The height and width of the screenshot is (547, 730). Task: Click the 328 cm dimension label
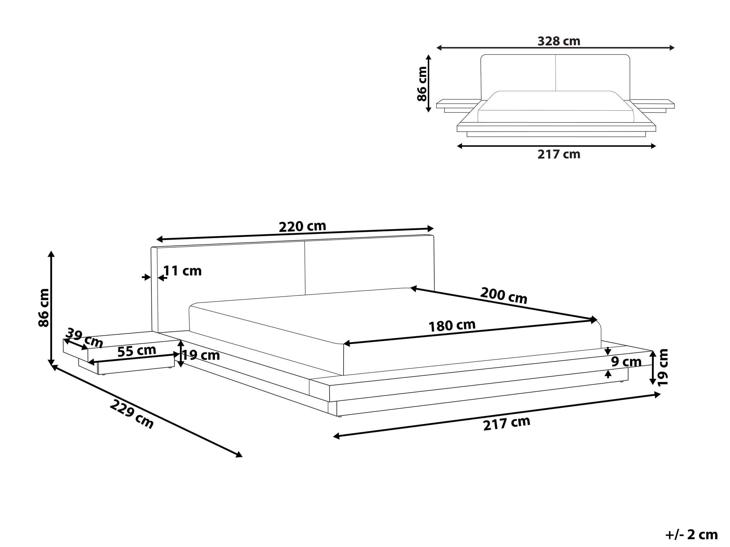coord(559,41)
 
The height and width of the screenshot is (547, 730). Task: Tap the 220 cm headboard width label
coord(302,226)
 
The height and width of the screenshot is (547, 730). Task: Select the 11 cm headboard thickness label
coord(182,271)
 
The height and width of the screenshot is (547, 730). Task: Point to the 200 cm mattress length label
coord(503,295)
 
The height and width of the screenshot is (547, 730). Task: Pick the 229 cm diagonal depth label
coord(132,414)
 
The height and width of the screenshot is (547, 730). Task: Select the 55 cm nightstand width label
coord(137,351)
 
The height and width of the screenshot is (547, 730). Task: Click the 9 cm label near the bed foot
coord(626,362)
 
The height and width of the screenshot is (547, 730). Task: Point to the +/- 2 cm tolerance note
coord(691,534)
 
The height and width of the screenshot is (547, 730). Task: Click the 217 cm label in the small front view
coord(559,154)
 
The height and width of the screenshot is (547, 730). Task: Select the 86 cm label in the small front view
coord(422,84)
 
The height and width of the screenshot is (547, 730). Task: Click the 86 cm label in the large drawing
coord(44,308)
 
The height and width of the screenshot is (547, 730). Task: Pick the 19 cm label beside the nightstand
coord(201,356)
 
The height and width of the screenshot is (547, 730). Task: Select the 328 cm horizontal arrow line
coord(555,48)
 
